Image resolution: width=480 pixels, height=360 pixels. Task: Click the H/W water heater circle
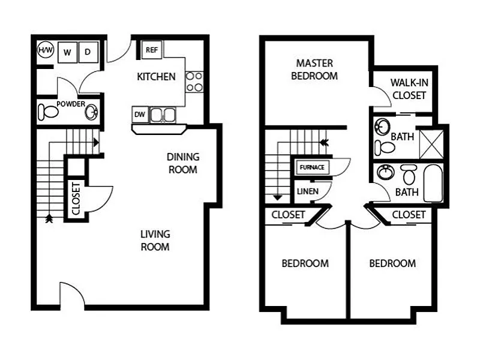click(45, 50)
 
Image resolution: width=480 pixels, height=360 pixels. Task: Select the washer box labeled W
click(67, 52)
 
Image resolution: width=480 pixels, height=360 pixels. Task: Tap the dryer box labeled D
click(88, 52)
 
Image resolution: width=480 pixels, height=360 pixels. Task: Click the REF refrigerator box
click(151, 50)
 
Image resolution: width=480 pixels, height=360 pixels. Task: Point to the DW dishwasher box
click(139, 114)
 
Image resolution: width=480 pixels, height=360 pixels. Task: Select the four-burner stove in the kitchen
click(194, 82)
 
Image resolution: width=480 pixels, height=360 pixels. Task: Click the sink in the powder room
click(91, 112)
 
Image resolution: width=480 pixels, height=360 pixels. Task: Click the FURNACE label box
click(312, 167)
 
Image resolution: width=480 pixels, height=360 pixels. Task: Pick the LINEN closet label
click(304, 191)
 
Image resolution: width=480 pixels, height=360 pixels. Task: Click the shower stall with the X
click(430, 143)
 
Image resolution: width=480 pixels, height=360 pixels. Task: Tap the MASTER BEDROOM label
click(314, 70)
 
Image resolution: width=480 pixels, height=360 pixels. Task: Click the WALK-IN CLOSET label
click(408, 89)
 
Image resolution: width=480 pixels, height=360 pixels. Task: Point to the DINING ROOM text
click(183, 163)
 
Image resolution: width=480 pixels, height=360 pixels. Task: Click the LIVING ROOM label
click(155, 240)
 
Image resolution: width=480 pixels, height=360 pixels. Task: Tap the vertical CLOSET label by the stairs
click(76, 199)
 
